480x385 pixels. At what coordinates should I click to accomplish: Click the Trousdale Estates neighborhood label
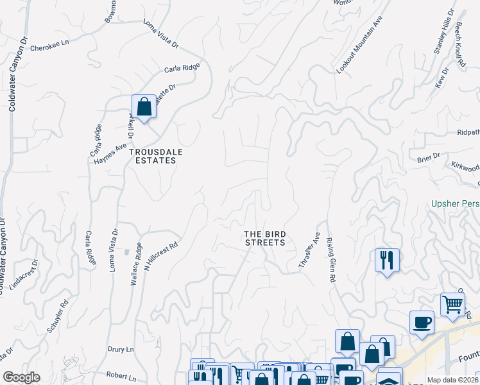[152, 156]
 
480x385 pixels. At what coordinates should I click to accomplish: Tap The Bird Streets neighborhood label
[264, 238]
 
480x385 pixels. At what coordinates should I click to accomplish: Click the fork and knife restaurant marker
[387, 260]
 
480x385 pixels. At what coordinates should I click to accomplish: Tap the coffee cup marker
[422, 322]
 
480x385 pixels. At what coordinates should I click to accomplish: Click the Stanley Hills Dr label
[444, 32]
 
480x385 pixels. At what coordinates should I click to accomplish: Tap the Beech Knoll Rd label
[459, 47]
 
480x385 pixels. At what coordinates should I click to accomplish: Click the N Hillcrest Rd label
[160, 255]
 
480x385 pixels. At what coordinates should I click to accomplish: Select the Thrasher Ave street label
[309, 250]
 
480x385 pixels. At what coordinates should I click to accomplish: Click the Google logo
[22, 377]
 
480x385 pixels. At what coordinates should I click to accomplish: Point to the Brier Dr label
[428, 157]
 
